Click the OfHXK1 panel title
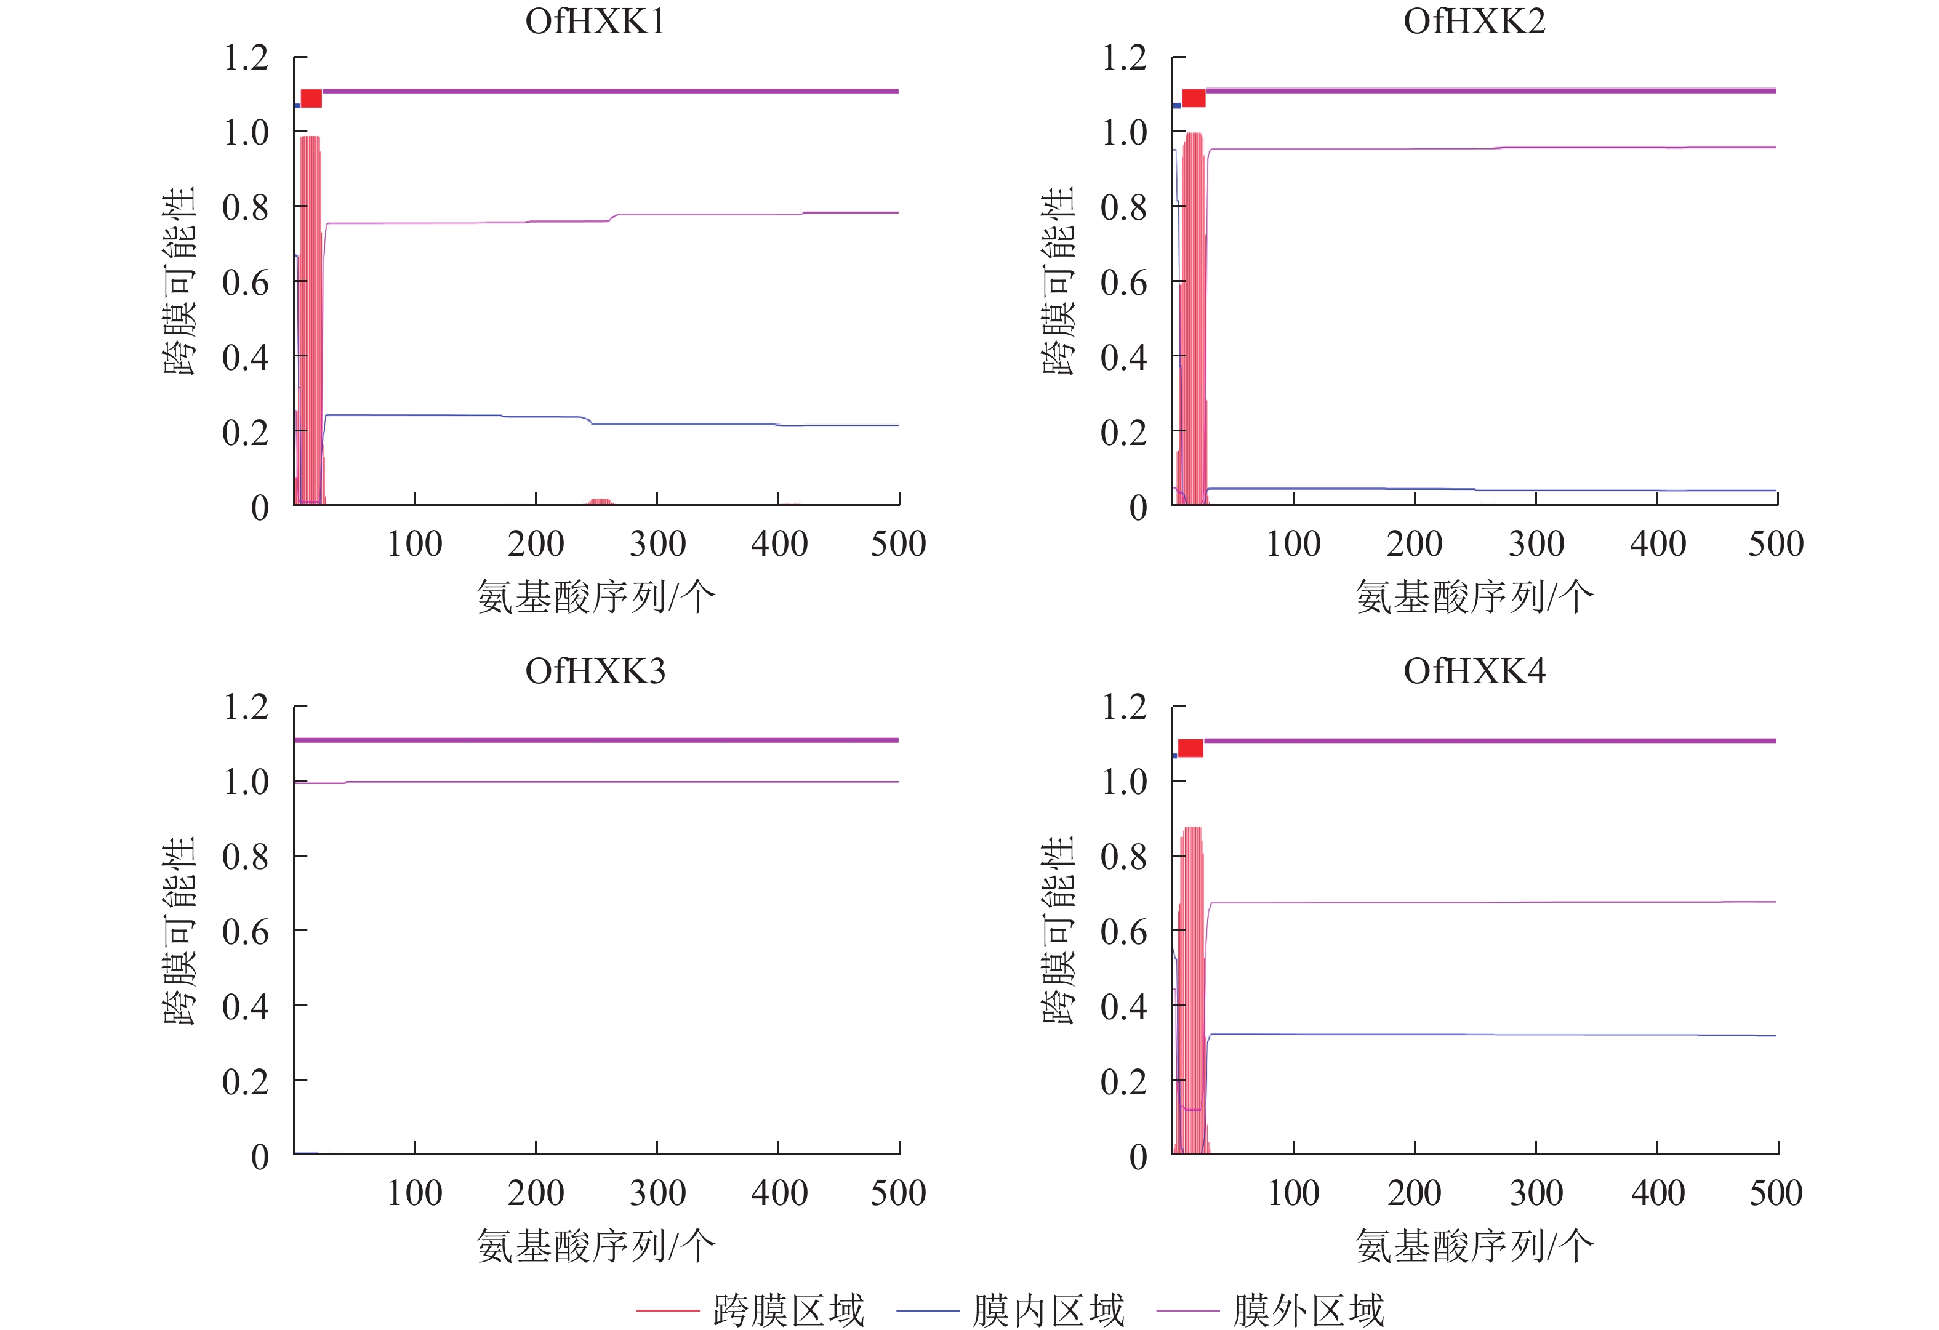click(x=595, y=22)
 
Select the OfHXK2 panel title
click(x=1474, y=22)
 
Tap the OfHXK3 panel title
click(x=595, y=671)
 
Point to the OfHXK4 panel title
click(x=1474, y=671)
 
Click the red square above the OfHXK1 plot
click(x=311, y=98)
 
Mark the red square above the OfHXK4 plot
click(x=1190, y=748)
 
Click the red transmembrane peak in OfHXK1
click(x=310, y=317)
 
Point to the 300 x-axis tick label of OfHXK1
click(x=657, y=544)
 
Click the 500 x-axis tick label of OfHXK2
click(x=1775, y=544)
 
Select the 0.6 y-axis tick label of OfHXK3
click(x=245, y=932)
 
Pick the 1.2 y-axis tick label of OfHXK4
click(x=1124, y=708)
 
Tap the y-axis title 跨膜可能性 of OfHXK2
click(x=1059, y=281)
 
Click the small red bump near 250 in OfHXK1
click(x=600, y=502)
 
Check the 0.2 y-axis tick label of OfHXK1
click(x=245, y=432)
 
